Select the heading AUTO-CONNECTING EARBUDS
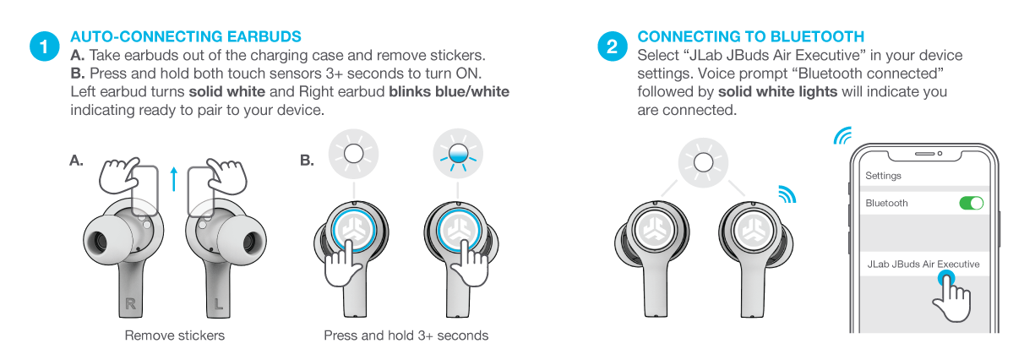pyautogui.click(x=186, y=37)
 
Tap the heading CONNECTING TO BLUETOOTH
pyautogui.click(x=750, y=37)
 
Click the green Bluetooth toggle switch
pyautogui.click(x=972, y=203)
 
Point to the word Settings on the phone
pyautogui.click(x=883, y=176)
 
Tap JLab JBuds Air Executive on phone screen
pyautogui.click(x=923, y=265)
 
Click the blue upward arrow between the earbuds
pyautogui.click(x=173, y=179)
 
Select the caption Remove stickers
pyautogui.click(x=175, y=335)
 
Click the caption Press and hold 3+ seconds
pyautogui.click(x=406, y=335)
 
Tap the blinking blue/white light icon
pyautogui.click(x=457, y=155)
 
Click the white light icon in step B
pyautogui.click(x=353, y=155)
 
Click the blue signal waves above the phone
pyautogui.click(x=842, y=136)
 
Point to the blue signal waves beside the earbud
pyautogui.click(x=786, y=195)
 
